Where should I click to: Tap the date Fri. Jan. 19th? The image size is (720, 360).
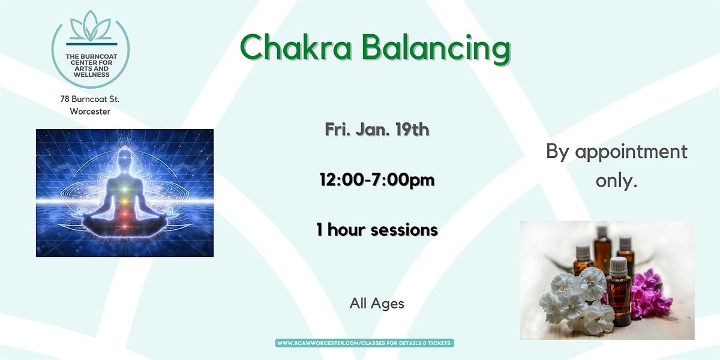(x=377, y=130)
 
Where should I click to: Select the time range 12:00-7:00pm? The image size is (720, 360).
(x=377, y=179)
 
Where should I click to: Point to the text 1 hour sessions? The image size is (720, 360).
(x=377, y=229)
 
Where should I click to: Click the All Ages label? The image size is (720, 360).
(x=377, y=304)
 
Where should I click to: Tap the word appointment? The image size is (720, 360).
(x=631, y=152)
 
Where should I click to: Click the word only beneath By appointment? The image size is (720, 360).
(x=616, y=181)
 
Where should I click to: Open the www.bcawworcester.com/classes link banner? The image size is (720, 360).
(x=365, y=343)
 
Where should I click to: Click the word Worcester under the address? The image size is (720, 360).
(x=90, y=112)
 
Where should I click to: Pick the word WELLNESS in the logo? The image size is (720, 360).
(x=90, y=75)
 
